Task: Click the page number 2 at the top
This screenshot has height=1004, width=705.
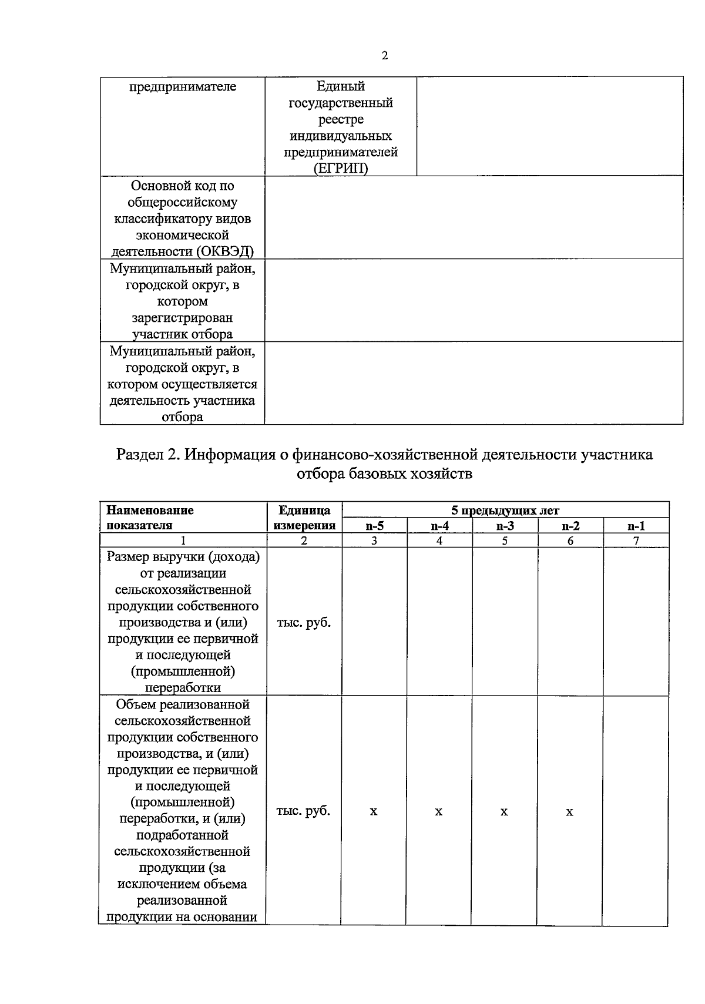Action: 384,56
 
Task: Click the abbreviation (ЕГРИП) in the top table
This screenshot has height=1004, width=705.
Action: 340,169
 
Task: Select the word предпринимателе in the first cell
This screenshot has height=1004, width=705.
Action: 183,87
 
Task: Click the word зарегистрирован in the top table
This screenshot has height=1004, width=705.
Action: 182,318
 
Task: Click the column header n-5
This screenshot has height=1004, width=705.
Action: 374,526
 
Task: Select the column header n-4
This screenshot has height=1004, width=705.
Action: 439,526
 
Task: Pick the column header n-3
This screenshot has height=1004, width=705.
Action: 505,526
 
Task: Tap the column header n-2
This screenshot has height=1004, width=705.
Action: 570,526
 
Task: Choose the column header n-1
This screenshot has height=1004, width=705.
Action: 636,526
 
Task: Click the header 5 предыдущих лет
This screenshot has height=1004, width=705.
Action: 505,510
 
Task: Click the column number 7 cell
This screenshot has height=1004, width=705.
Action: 636,541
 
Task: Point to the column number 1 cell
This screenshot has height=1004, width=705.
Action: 183,541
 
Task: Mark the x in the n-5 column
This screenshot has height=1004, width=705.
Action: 374,812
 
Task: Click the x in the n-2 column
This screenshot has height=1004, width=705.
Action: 569,812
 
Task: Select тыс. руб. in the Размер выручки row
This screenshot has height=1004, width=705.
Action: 303,622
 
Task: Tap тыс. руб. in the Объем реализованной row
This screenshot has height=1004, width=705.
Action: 303,811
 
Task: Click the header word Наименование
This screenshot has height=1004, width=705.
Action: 150,510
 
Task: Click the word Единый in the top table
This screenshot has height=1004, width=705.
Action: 341,87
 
